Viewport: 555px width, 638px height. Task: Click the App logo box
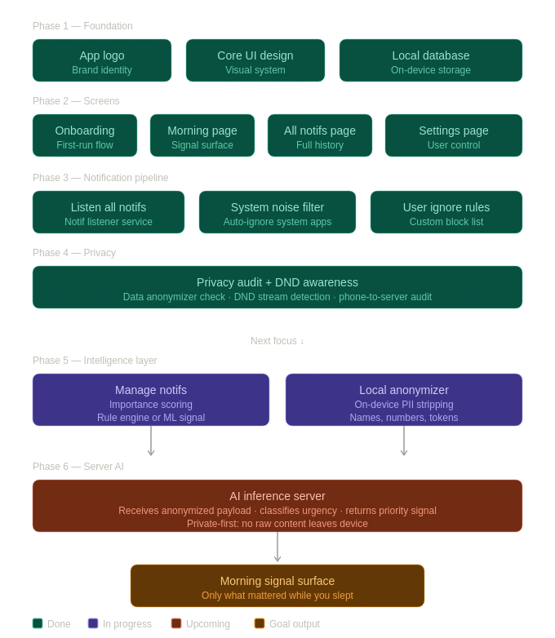pyautogui.click(x=102, y=61)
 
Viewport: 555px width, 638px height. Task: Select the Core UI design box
pyautogui.click(x=255, y=61)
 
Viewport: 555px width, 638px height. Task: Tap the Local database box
pyautogui.click(x=431, y=61)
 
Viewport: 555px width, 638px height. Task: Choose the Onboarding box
pyautogui.click(x=85, y=136)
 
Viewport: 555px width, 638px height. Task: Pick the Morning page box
pyautogui.click(x=202, y=136)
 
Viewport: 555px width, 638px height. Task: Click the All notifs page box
pyautogui.click(x=320, y=136)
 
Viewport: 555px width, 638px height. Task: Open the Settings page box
pyautogui.click(x=454, y=136)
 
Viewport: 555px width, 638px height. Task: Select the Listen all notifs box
pyautogui.click(x=109, y=213)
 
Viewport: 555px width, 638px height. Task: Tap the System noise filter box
pyautogui.click(x=277, y=213)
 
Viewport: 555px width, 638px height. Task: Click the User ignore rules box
pyautogui.click(x=446, y=213)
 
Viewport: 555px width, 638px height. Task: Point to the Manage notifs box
pyautogui.click(x=151, y=401)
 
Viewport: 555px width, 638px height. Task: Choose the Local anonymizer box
pyautogui.click(x=404, y=401)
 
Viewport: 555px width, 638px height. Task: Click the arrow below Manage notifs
pyautogui.click(x=151, y=441)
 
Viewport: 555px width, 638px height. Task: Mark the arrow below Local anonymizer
pyautogui.click(x=404, y=441)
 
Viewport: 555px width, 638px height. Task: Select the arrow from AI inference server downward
pyautogui.click(x=277, y=547)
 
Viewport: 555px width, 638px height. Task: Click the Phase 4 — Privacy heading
pyautogui.click(x=74, y=253)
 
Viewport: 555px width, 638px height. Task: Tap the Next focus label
pyautogui.click(x=277, y=341)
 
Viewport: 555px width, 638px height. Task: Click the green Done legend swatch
pyautogui.click(x=38, y=624)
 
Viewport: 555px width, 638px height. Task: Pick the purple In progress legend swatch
pyautogui.click(x=93, y=624)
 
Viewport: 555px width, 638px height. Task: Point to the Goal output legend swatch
pyautogui.click(x=260, y=624)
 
